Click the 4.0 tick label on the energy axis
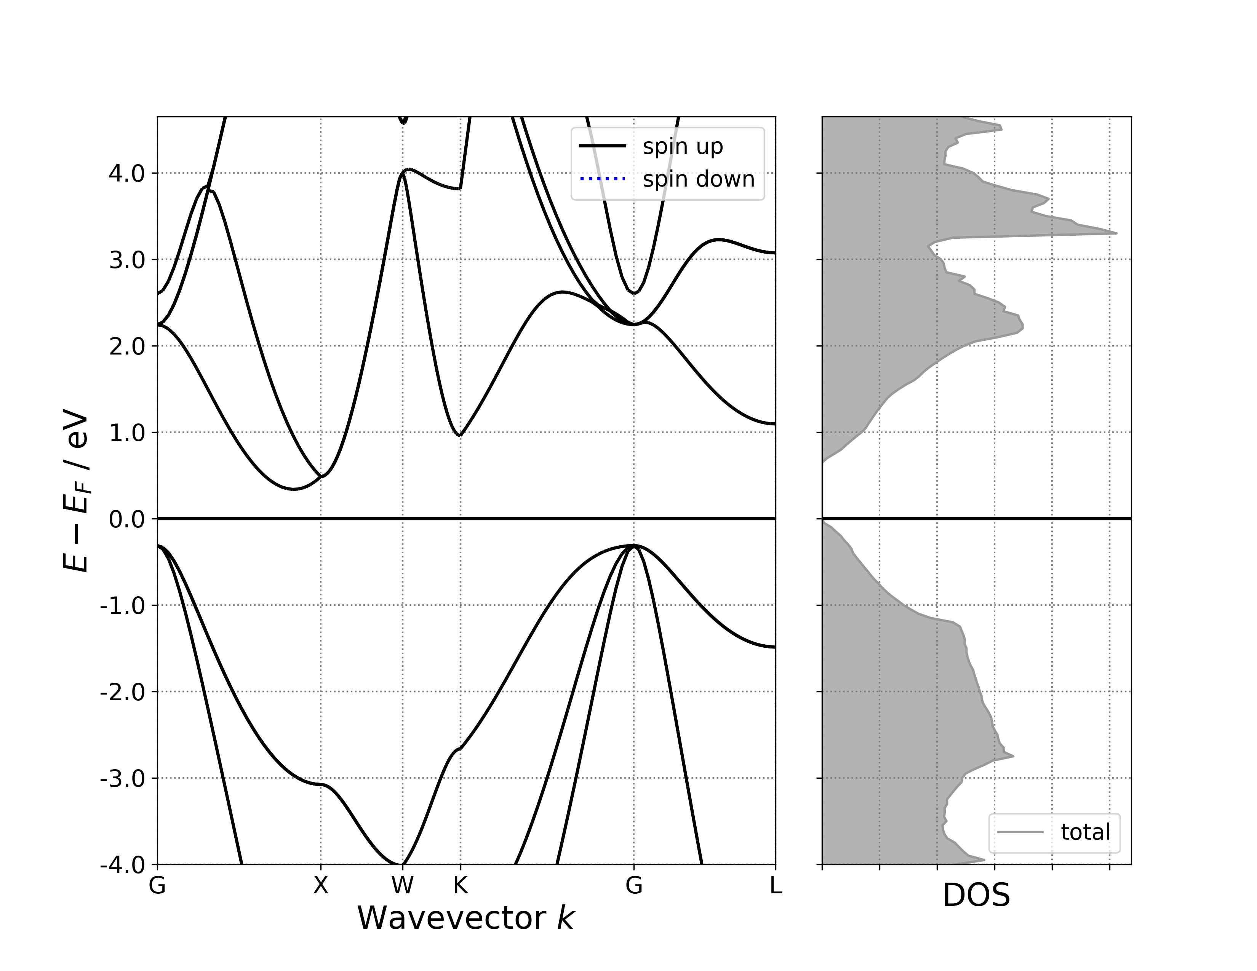click(x=126, y=173)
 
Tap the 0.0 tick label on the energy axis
click(x=126, y=519)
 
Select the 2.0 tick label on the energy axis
click(x=126, y=346)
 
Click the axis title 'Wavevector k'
click(x=465, y=918)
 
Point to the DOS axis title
click(x=976, y=896)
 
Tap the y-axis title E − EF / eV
click(x=76, y=490)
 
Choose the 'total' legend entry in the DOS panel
click(x=1085, y=832)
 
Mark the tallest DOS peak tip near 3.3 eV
click(x=1116, y=233)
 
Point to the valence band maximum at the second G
click(x=634, y=545)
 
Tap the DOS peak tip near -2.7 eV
click(x=1012, y=756)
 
